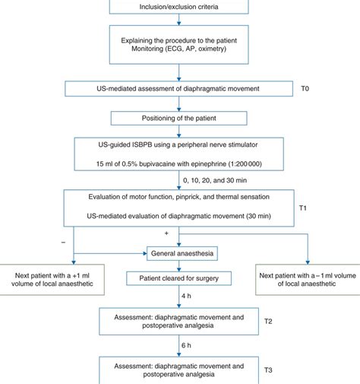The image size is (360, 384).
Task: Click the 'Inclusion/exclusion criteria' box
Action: coord(179,8)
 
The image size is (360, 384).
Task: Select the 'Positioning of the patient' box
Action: coord(179,119)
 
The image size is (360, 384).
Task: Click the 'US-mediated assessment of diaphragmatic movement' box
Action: coord(179,90)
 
